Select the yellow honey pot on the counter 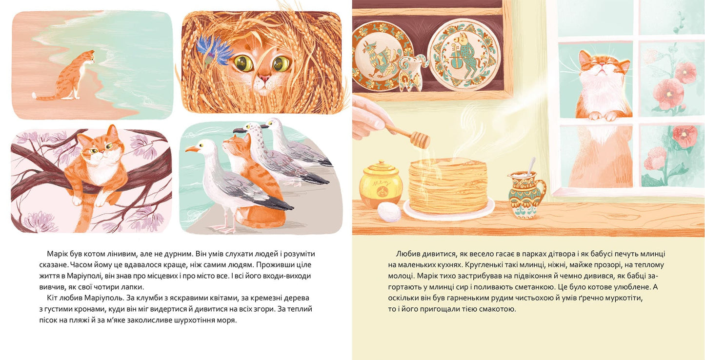tap(381, 184)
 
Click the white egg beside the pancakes tap(389, 212)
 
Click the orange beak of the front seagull tap(192, 149)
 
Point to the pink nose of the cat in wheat tap(264, 79)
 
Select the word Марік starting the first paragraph tap(56, 254)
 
